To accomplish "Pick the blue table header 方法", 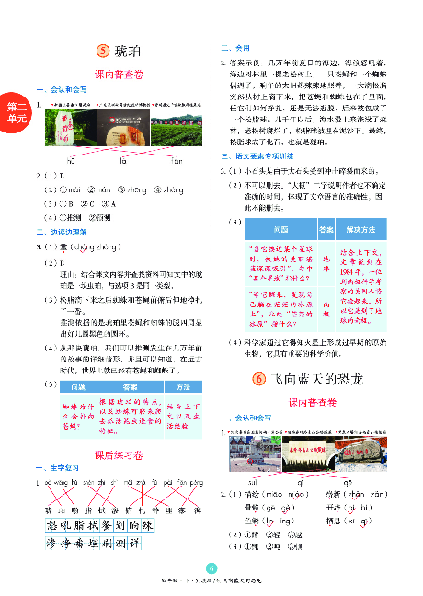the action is (183, 387).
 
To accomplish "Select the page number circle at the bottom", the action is (211, 567).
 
